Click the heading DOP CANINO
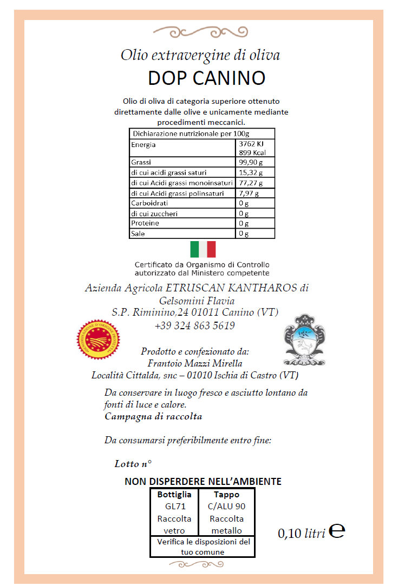point(206,78)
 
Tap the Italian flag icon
point(203,249)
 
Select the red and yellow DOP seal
point(98,339)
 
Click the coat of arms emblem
point(305,339)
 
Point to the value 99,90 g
point(251,162)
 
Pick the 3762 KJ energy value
point(251,144)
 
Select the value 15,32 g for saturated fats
point(251,172)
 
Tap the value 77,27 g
point(251,183)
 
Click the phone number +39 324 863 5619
point(194,325)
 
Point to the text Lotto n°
point(133,464)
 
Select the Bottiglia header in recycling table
point(174,495)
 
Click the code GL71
point(174,507)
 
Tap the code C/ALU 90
point(226,507)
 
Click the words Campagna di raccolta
point(153,417)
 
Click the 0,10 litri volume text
point(301,534)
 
